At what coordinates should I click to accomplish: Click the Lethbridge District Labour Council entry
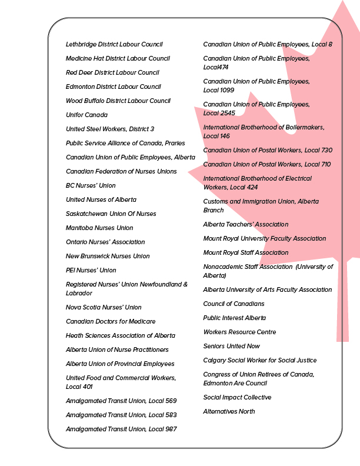(114, 44)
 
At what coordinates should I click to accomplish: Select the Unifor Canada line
(86, 115)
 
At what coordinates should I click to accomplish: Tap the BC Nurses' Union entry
(91, 185)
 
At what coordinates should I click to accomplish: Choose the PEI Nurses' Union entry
(91, 270)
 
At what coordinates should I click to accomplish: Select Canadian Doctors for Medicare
(111, 321)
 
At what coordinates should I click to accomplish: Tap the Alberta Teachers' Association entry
(246, 224)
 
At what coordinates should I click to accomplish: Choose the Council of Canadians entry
(234, 304)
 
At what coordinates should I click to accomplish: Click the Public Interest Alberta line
(235, 318)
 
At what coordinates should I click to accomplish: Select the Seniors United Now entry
(232, 346)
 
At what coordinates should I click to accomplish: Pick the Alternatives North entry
(229, 411)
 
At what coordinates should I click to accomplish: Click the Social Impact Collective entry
(237, 397)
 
